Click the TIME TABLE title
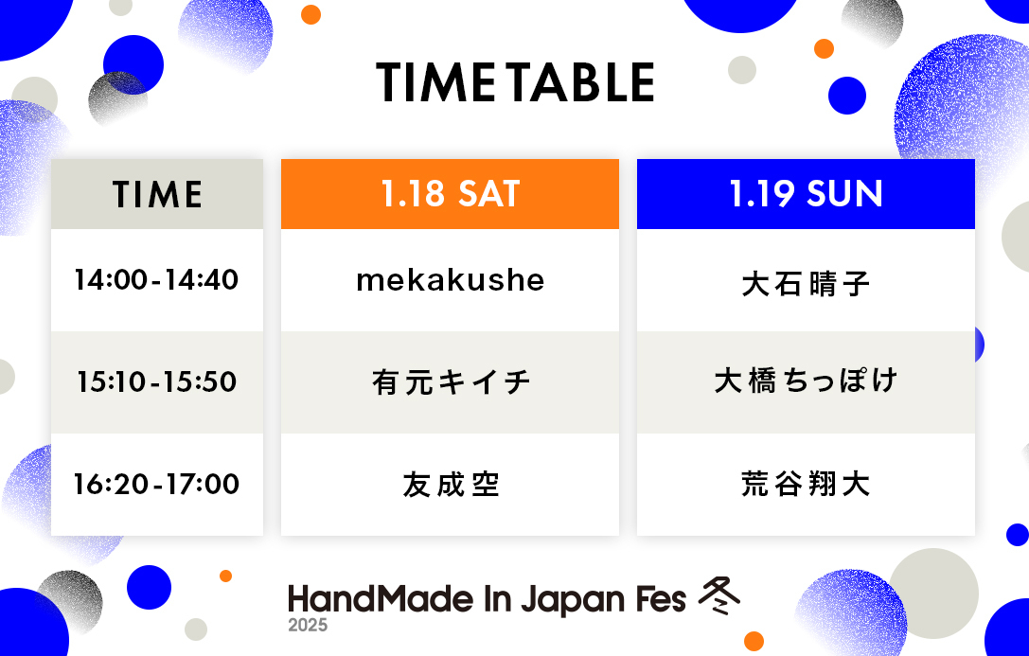pyautogui.click(x=515, y=82)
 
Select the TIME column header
pyautogui.click(x=157, y=194)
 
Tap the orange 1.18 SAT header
pyautogui.click(x=451, y=194)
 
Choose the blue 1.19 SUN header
pyautogui.click(x=806, y=194)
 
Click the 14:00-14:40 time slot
pyautogui.click(x=156, y=280)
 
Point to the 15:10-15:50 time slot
pyautogui.click(x=156, y=381)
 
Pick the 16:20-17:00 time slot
pyautogui.click(x=156, y=484)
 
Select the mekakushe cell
pyautogui.click(x=451, y=280)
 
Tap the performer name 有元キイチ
pyautogui.click(x=451, y=381)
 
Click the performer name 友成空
pyautogui.click(x=451, y=485)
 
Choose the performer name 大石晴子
pyautogui.click(x=806, y=284)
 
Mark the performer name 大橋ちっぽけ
pyautogui.click(x=806, y=381)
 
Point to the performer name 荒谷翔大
pyautogui.click(x=806, y=484)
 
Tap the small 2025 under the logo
pyautogui.click(x=308, y=625)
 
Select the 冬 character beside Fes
pyautogui.click(x=719, y=596)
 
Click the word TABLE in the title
pyautogui.click(x=582, y=82)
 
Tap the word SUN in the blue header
pyautogui.click(x=844, y=194)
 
